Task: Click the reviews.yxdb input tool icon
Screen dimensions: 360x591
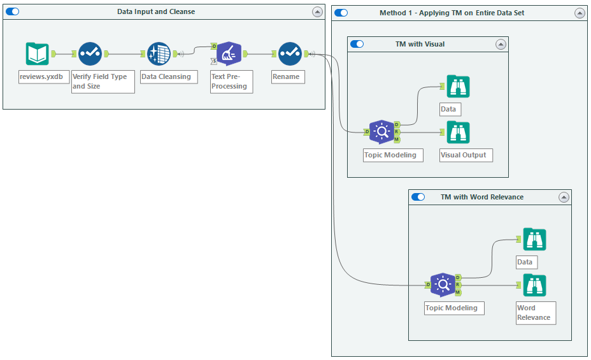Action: pos(38,54)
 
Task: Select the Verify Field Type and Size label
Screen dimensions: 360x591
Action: pos(103,82)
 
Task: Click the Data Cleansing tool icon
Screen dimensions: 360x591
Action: pos(159,54)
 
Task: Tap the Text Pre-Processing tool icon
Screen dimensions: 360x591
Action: pos(229,54)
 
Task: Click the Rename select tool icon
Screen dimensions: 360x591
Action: pos(290,54)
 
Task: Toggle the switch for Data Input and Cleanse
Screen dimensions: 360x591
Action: pos(13,12)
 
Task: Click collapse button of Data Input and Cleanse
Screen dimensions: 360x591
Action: pos(317,12)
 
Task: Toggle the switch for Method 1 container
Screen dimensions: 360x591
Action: pos(341,13)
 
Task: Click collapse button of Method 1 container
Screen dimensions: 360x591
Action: pos(580,13)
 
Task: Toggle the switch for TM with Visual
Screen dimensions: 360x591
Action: pos(357,45)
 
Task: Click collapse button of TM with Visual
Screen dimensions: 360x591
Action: pos(501,45)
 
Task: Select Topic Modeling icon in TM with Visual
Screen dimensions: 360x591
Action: pos(381,132)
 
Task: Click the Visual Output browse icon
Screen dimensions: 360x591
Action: pos(458,132)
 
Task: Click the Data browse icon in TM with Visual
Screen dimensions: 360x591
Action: pos(458,86)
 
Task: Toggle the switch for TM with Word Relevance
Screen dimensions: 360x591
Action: pos(418,198)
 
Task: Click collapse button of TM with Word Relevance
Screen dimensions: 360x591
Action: pos(564,198)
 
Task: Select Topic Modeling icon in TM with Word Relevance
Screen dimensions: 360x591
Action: pos(443,285)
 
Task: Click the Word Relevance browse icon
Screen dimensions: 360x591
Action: pos(535,285)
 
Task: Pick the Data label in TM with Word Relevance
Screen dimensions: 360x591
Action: pos(526,262)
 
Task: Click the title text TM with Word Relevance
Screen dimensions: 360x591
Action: pos(482,198)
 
